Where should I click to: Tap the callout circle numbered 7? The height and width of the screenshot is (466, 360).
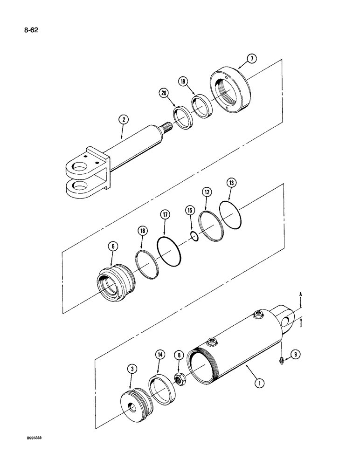251,59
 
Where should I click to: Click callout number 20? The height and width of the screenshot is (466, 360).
164,93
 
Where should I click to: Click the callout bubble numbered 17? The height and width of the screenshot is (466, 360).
164,215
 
